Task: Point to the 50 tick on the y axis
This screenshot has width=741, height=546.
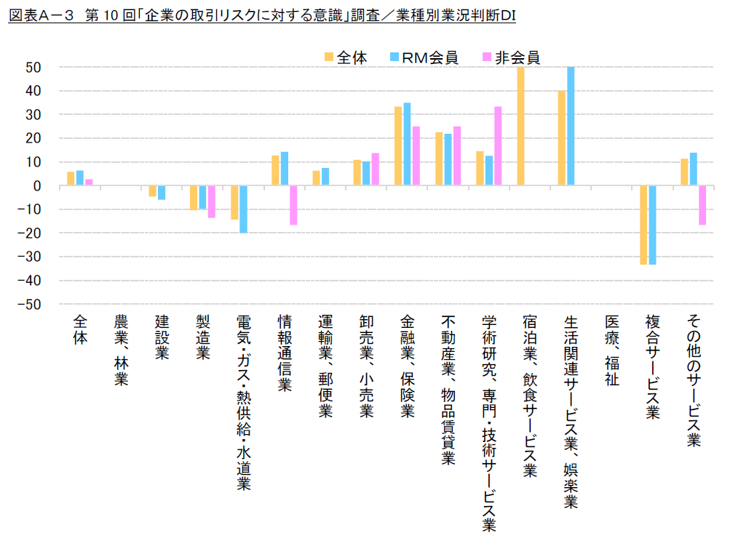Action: [x=33, y=68]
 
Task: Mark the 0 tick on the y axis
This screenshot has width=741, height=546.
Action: [x=37, y=186]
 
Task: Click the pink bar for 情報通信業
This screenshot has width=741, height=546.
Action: [x=293, y=205]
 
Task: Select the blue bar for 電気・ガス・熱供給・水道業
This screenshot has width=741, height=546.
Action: [x=243, y=209]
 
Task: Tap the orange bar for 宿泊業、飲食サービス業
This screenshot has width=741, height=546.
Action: [x=520, y=126]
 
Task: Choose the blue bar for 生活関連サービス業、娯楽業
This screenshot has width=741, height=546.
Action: [x=571, y=126]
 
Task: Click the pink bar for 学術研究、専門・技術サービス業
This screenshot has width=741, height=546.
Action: [x=498, y=146]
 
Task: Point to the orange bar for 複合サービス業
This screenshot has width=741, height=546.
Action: [x=644, y=225]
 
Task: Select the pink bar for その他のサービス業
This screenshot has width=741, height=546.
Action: [x=702, y=205]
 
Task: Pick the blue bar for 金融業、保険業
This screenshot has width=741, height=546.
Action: [x=407, y=144]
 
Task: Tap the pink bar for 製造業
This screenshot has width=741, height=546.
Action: [x=212, y=201]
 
